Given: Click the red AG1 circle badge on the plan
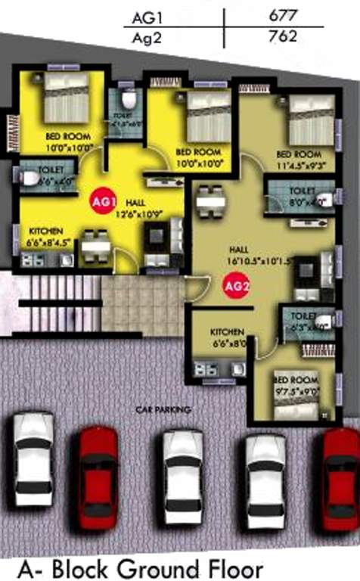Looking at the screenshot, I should (104, 202).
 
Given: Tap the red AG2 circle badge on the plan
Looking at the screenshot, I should (235, 286).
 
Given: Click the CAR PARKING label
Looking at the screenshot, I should (163, 409).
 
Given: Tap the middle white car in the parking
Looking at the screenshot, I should (182, 476).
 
